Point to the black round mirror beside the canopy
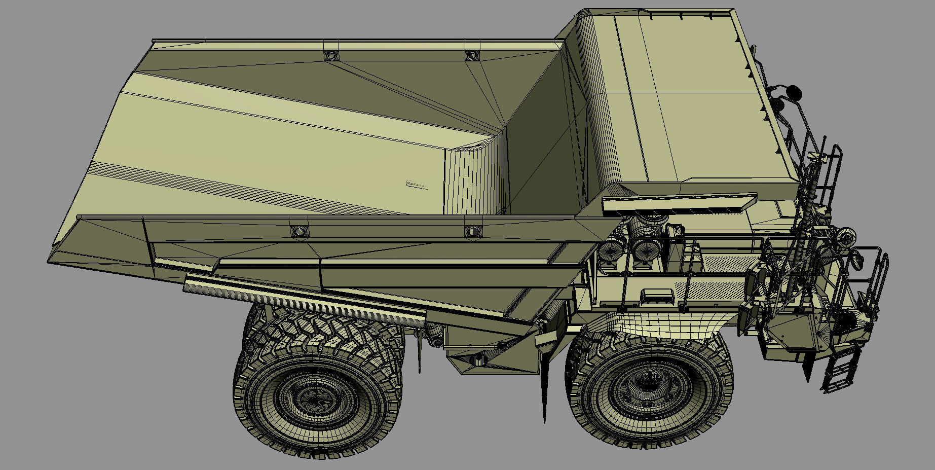794,92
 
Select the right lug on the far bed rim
472,55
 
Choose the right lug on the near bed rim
472,231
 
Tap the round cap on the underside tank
477,360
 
